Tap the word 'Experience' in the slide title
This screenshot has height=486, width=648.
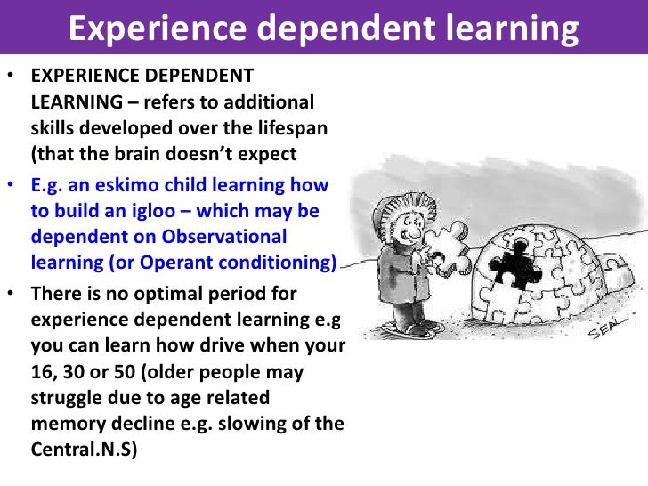[x=144, y=30]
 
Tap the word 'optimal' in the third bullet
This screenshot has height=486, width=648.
[x=145, y=293]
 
